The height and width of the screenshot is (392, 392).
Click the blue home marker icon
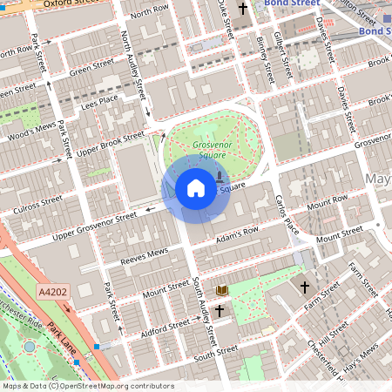[x=196, y=187]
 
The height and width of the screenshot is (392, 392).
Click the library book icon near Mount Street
[x=221, y=289]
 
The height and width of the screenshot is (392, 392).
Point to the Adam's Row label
[x=238, y=235]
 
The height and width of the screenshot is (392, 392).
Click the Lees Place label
[x=98, y=103]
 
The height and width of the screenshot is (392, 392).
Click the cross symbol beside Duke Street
[x=242, y=9]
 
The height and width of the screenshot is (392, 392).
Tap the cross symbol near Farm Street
[x=305, y=286]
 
